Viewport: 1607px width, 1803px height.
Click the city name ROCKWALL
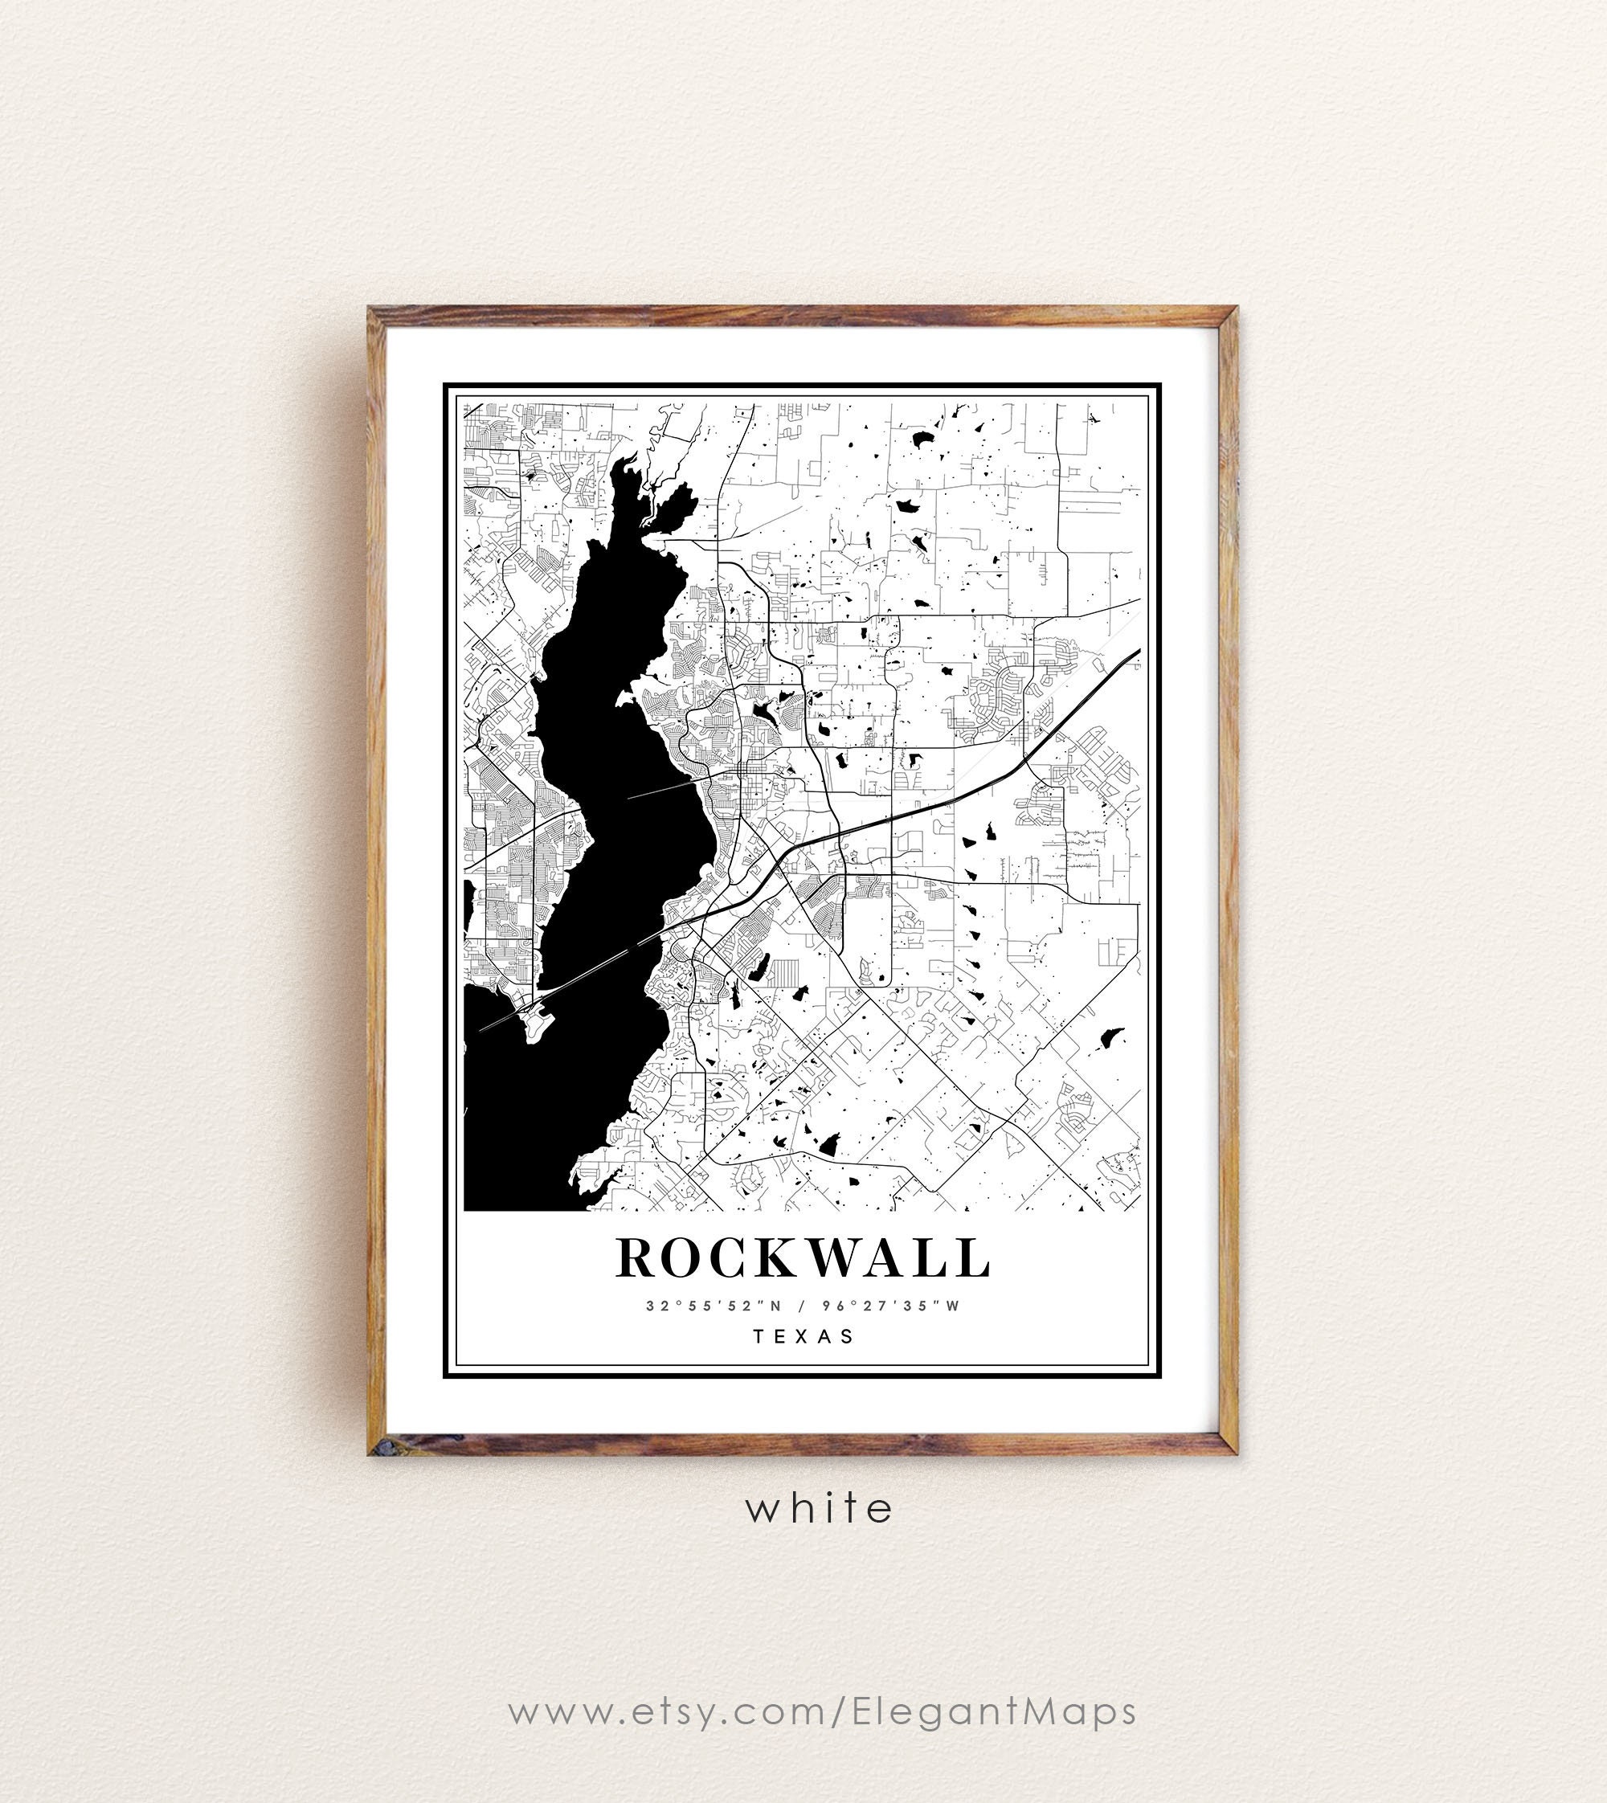803,1257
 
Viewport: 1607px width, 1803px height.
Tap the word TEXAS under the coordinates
803,1336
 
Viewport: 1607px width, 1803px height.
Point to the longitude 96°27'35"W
890,1305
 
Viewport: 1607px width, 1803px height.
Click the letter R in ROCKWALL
636,1257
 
